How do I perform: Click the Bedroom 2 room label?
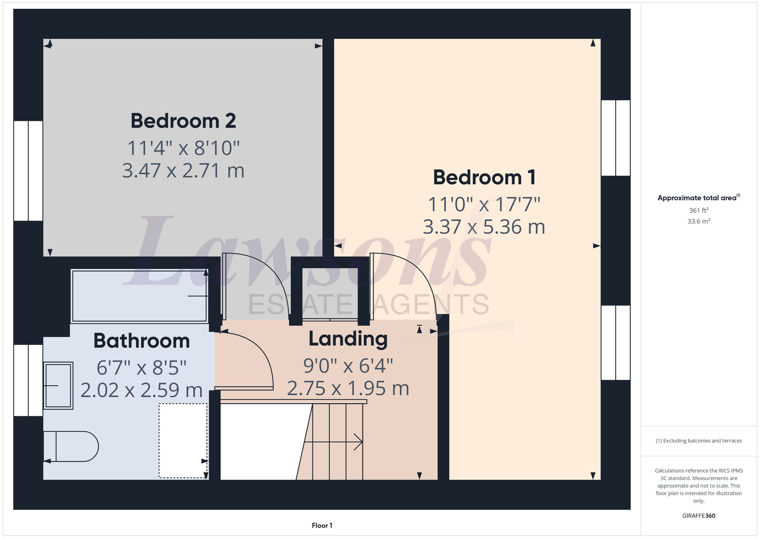pyautogui.click(x=183, y=121)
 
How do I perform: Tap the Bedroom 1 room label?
pyautogui.click(x=484, y=178)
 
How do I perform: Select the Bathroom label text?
pyautogui.click(x=141, y=341)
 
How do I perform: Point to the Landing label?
pyautogui.click(x=348, y=339)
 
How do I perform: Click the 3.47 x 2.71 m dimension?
pyautogui.click(x=183, y=170)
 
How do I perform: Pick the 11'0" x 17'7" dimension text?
pyautogui.click(x=484, y=205)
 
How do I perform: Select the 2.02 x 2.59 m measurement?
pyautogui.click(x=141, y=390)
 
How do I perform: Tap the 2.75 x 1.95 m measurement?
pyautogui.click(x=348, y=389)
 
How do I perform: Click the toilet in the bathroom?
pyautogui.click(x=72, y=446)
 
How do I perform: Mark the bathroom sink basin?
pyautogui.click(x=58, y=386)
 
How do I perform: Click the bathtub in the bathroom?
pyautogui.click(x=139, y=296)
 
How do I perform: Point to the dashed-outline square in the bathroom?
pyautogui.click(x=183, y=440)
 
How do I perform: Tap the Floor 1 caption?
pyautogui.click(x=322, y=525)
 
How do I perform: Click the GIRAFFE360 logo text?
pyautogui.click(x=698, y=516)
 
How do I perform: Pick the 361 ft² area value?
pyautogui.click(x=698, y=210)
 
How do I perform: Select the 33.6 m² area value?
pyautogui.click(x=698, y=221)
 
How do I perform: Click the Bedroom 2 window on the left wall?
pyautogui.click(x=28, y=171)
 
